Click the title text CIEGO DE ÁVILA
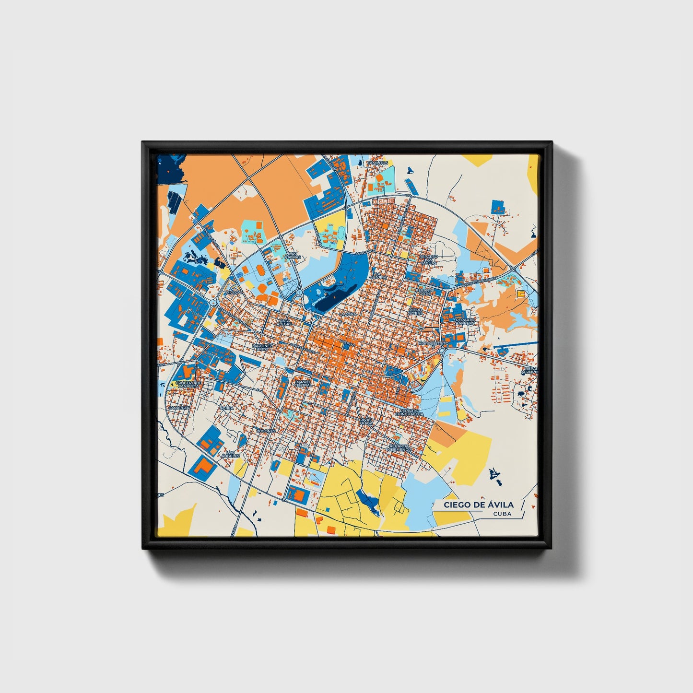point(478,505)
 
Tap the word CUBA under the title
point(502,514)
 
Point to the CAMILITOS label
point(377,163)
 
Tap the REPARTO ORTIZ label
point(425,292)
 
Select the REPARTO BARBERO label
point(465,321)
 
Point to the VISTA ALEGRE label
point(285,322)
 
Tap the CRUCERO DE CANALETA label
point(188,384)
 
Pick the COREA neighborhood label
point(226,408)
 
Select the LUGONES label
point(266,431)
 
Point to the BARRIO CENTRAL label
point(303,383)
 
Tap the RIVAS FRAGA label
point(366,421)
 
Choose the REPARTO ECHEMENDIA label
point(400,447)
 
